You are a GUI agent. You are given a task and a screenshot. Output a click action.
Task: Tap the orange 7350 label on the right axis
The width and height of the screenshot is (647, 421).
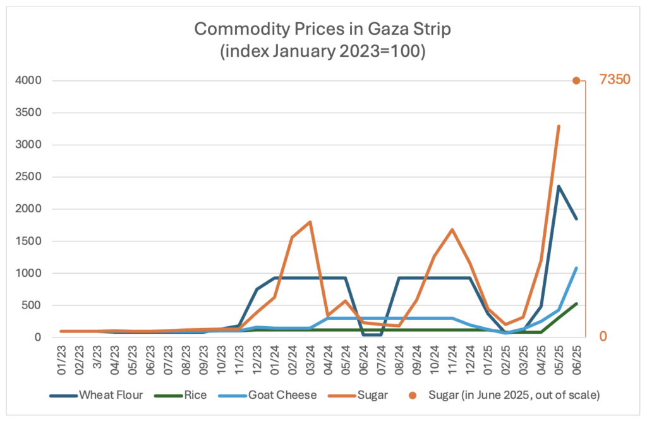615,81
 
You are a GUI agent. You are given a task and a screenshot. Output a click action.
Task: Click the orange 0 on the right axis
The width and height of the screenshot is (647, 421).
603,336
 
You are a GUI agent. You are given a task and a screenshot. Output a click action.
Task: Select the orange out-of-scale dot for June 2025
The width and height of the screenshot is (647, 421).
576,81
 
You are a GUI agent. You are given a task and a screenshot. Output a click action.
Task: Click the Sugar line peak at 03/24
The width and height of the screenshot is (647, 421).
310,222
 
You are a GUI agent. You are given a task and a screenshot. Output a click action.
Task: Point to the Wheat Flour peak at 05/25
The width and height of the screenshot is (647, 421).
559,186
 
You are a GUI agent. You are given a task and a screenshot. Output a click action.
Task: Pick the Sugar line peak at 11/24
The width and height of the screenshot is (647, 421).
452,229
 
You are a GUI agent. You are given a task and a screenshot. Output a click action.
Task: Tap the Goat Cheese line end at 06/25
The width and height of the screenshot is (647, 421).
576,268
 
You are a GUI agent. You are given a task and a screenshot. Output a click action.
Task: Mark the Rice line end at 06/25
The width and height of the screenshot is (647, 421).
576,303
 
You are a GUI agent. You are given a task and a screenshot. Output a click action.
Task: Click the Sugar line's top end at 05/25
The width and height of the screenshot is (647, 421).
559,126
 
